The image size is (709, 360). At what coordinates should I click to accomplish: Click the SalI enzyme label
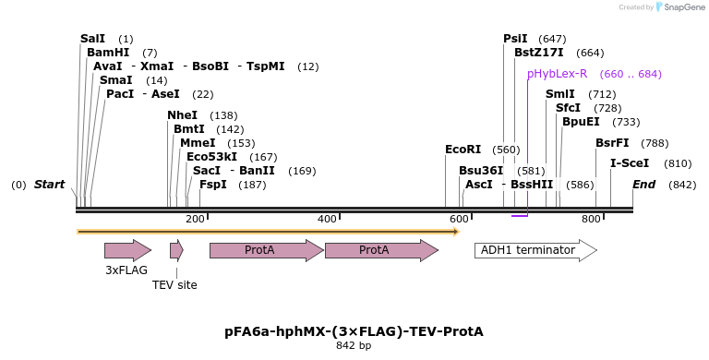(x=92, y=39)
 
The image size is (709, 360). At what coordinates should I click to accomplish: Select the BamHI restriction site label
(x=108, y=53)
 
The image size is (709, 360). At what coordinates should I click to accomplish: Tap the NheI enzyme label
(x=182, y=115)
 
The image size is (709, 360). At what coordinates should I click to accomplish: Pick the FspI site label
(x=212, y=185)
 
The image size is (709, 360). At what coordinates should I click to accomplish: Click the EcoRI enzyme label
(x=463, y=150)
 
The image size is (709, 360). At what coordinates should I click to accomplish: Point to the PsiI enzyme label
(x=515, y=39)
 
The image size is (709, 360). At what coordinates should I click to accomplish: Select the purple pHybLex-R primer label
(x=557, y=74)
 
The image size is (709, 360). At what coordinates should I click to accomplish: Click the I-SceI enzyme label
(x=630, y=163)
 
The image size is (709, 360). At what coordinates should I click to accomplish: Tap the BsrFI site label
(x=612, y=143)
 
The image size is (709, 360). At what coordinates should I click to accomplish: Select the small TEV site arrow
(x=176, y=250)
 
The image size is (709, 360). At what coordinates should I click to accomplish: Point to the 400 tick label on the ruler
(x=327, y=219)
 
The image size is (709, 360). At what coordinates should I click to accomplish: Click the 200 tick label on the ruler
(x=195, y=219)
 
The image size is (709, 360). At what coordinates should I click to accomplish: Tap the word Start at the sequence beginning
(x=49, y=185)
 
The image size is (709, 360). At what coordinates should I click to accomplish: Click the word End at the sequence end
(x=643, y=185)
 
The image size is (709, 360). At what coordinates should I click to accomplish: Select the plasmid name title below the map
(x=354, y=331)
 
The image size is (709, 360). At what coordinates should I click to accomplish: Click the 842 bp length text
(x=354, y=346)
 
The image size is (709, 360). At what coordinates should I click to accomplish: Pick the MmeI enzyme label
(x=198, y=143)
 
